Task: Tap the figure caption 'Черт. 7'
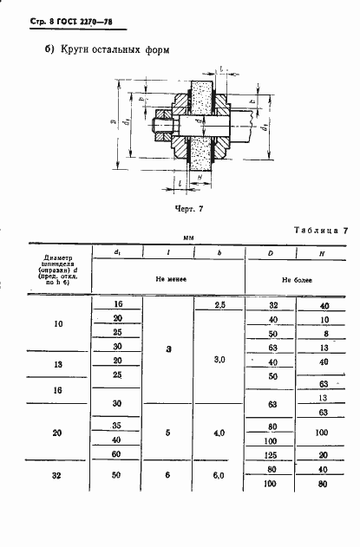tap(189, 209)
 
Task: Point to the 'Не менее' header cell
tap(170, 280)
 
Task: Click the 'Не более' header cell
tap(297, 280)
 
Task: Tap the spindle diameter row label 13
tap(59, 365)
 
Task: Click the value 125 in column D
tap(272, 455)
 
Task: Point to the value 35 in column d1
tap(117, 426)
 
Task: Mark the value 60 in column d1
tap(117, 455)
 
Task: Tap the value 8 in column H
tap(323, 333)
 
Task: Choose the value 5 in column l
tap(168, 433)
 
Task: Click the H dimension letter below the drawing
tap(200, 175)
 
